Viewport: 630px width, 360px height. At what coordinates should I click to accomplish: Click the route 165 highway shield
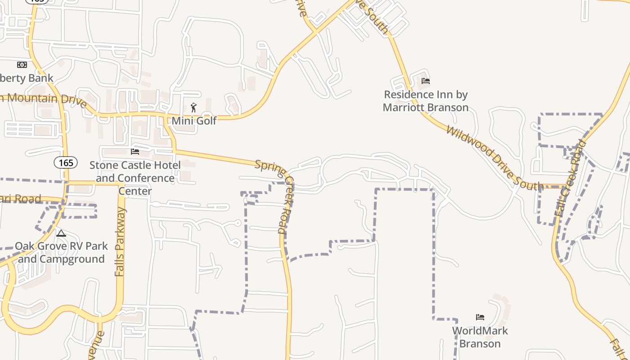click(x=66, y=162)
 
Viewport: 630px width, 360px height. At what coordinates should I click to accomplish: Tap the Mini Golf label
click(x=194, y=121)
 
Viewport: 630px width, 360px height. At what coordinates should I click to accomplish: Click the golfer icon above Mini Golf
click(x=194, y=108)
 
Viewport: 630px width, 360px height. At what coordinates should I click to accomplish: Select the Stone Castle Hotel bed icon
click(x=135, y=152)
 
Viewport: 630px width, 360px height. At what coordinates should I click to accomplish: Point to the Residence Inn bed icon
click(x=426, y=81)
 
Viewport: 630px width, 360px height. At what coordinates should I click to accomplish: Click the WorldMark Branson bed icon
click(x=480, y=317)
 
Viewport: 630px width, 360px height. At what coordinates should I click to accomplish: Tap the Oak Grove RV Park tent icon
click(x=61, y=233)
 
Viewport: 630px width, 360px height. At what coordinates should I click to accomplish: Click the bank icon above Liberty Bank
click(x=22, y=65)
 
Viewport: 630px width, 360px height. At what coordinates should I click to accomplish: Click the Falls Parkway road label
click(x=120, y=242)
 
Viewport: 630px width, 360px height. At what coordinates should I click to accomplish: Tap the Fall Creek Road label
click(x=571, y=178)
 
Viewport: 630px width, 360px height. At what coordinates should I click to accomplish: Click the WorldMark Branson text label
click(x=480, y=337)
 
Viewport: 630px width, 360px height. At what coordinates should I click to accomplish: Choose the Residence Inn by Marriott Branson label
click(x=426, y=101)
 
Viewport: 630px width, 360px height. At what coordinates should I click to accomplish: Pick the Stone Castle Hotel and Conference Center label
click(x=135, y=178)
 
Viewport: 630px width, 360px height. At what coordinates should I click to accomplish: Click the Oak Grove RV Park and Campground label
click(x=61, y=252)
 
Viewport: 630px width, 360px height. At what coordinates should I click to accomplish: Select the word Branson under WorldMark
click(x=480, y=343)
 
